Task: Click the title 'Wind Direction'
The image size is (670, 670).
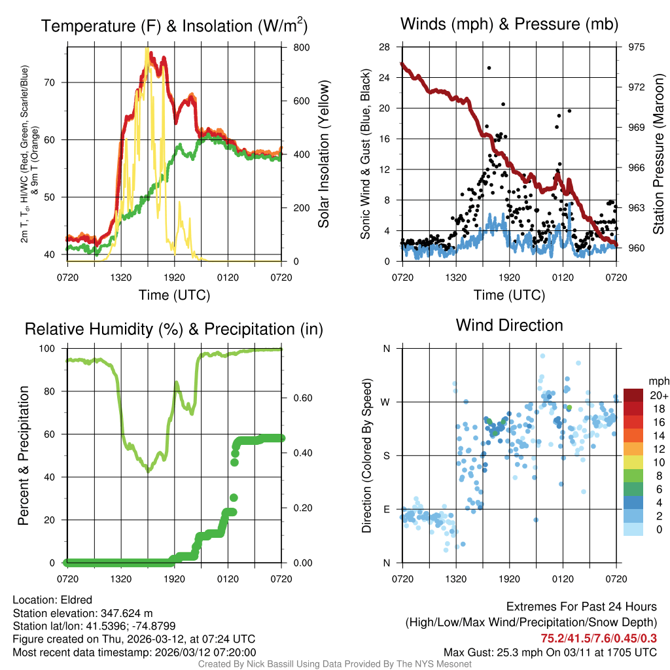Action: tap(509, 325)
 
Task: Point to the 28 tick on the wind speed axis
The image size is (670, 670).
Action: tap(385, 47)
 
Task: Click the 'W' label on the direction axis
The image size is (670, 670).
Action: tap(387, 402)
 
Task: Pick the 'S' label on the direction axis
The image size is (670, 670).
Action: tap(387, 455)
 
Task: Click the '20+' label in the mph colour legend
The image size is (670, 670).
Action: tap(658, 395)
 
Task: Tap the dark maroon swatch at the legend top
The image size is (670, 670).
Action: tap(633, 395)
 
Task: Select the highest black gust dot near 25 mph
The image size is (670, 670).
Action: tap(489, 68)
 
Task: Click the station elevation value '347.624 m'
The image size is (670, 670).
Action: tap(126, 612)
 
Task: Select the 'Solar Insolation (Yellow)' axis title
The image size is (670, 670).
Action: tap(323, 154)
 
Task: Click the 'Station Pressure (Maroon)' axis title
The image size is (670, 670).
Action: tap(659, 154)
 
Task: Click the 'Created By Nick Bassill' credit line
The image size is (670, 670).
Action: tap(335, 663)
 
